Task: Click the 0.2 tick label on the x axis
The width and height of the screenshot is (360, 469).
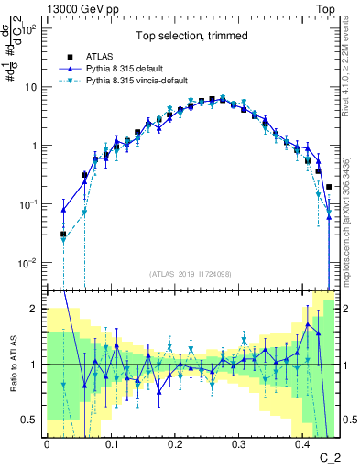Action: click(175, 442)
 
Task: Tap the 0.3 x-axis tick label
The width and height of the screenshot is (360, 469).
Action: click(239, 442)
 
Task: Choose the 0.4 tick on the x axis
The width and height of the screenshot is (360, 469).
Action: click(303, 442)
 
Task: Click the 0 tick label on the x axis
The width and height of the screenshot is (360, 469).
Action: click(47, 442)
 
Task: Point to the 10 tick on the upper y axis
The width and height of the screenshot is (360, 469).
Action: click(32, 87)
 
